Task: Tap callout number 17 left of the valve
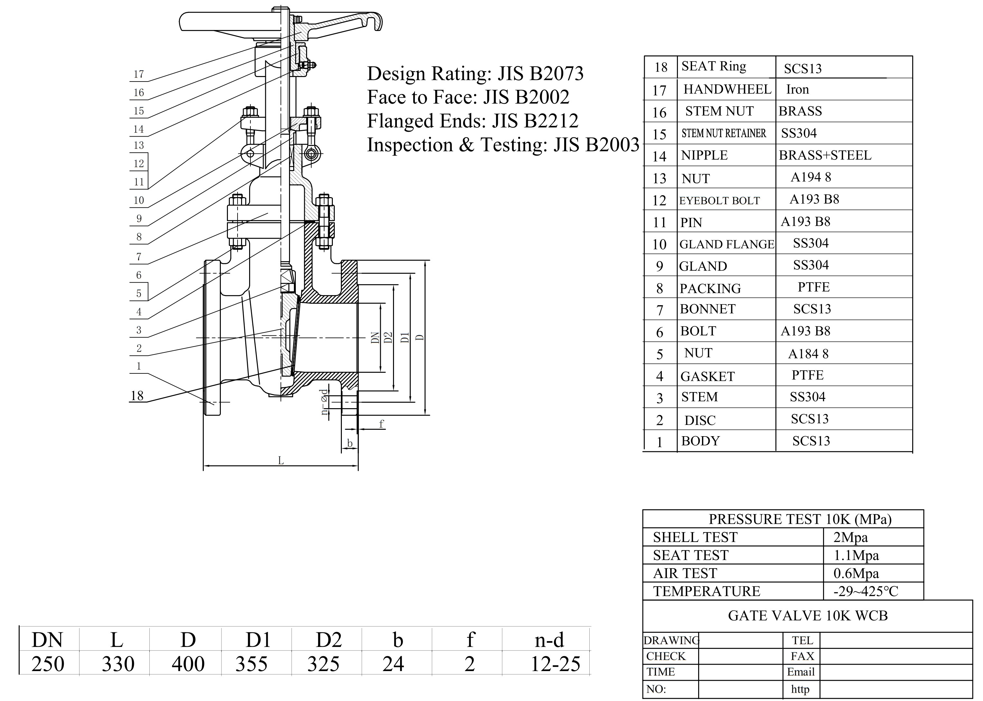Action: click(x=138, y=74)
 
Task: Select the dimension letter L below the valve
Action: click(x=281, y=461)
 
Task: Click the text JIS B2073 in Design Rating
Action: click(x=540, y=73)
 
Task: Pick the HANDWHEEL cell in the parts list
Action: click(x=727, y=89)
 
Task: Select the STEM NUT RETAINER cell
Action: click(x=724, y=133)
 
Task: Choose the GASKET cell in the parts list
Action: click(x=707, y=376)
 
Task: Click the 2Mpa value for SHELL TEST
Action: click(x=851, y=537)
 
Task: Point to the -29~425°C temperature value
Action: click(x=866, y=591)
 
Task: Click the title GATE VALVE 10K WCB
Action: click(x=808, y=616)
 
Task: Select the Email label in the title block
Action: click(x=800, y=672)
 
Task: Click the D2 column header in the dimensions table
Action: click(x=329, y=640)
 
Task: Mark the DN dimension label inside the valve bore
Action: click(x=375, y=338)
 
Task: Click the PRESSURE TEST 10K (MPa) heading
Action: click(x=800, y=519)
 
